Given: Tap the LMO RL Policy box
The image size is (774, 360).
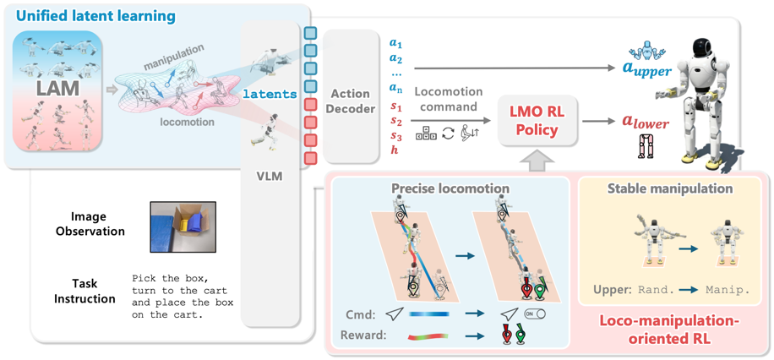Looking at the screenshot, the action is click(x=537, y=122).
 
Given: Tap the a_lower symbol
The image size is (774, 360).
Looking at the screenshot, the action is click(x=647, y=123).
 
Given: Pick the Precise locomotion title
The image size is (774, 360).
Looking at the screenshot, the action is click(x=451, y=188).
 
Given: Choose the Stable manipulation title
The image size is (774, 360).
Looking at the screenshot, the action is click(x=670, y=188).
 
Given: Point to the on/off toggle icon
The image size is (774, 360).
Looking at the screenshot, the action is click(x=537, y=313).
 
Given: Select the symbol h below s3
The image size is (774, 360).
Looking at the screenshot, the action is click(x=395, y=150).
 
